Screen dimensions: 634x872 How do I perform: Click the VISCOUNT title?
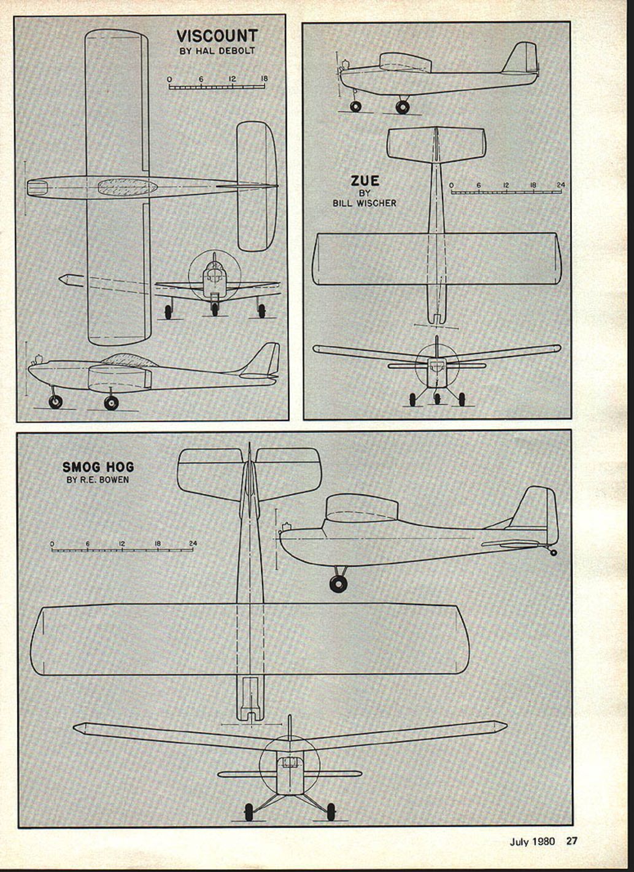[x=217, y=36]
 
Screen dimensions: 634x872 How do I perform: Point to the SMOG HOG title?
[x=98, y=467]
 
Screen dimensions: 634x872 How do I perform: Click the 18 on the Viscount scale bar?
[x=264, y=79]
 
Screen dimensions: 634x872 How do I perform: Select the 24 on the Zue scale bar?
[x=560, y=185]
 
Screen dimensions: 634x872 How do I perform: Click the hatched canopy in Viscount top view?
[x=127, y=187]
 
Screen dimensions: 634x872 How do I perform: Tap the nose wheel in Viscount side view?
[x=56, y=401]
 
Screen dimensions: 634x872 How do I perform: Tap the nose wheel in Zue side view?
[x=355, y=106]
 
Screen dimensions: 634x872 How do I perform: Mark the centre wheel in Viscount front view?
[x=214, y=309]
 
